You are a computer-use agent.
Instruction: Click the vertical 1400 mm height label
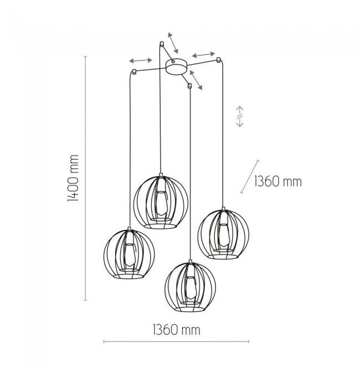73,178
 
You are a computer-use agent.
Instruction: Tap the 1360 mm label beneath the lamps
177,330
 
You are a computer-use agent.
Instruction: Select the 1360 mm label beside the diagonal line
277,182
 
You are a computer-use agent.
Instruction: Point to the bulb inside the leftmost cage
130,255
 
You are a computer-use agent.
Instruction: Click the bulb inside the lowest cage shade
191,287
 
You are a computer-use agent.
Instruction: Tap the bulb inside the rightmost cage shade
224,235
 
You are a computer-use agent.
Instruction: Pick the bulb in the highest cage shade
161,203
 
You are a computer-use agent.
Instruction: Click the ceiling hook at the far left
134,71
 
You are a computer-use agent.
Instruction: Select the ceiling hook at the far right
218,60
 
